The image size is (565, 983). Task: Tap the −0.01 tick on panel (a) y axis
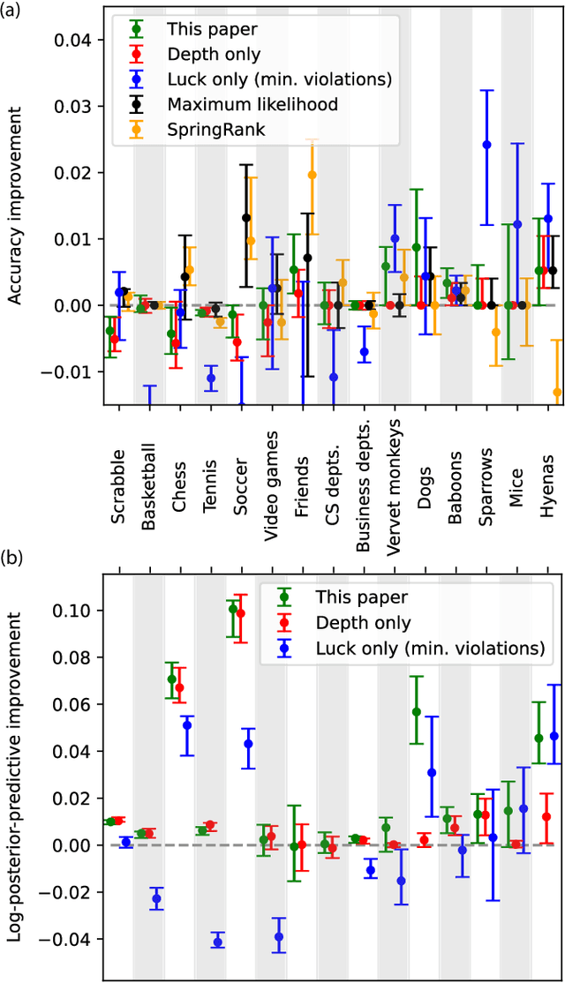click(x=72, y=371)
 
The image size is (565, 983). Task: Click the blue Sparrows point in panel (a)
click(x=486, y=144)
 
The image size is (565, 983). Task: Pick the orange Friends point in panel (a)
click(x=312, y=175)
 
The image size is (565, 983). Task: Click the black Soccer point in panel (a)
click(x=246, y=218)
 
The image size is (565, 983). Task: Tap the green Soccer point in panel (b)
click(x=233, y=608)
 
